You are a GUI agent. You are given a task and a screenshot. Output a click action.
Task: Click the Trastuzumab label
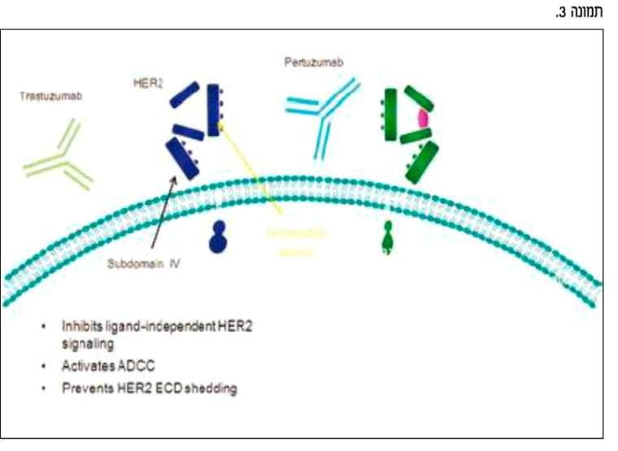(x=52, y=96)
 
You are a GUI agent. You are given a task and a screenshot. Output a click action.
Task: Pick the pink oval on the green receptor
(x=423, y=117)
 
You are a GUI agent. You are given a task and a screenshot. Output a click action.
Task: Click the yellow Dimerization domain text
(x=298, y=241)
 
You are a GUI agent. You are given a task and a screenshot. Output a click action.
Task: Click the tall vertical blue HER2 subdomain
(x=214, y=109)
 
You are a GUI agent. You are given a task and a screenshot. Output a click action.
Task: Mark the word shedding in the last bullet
(x=209, y=388)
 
